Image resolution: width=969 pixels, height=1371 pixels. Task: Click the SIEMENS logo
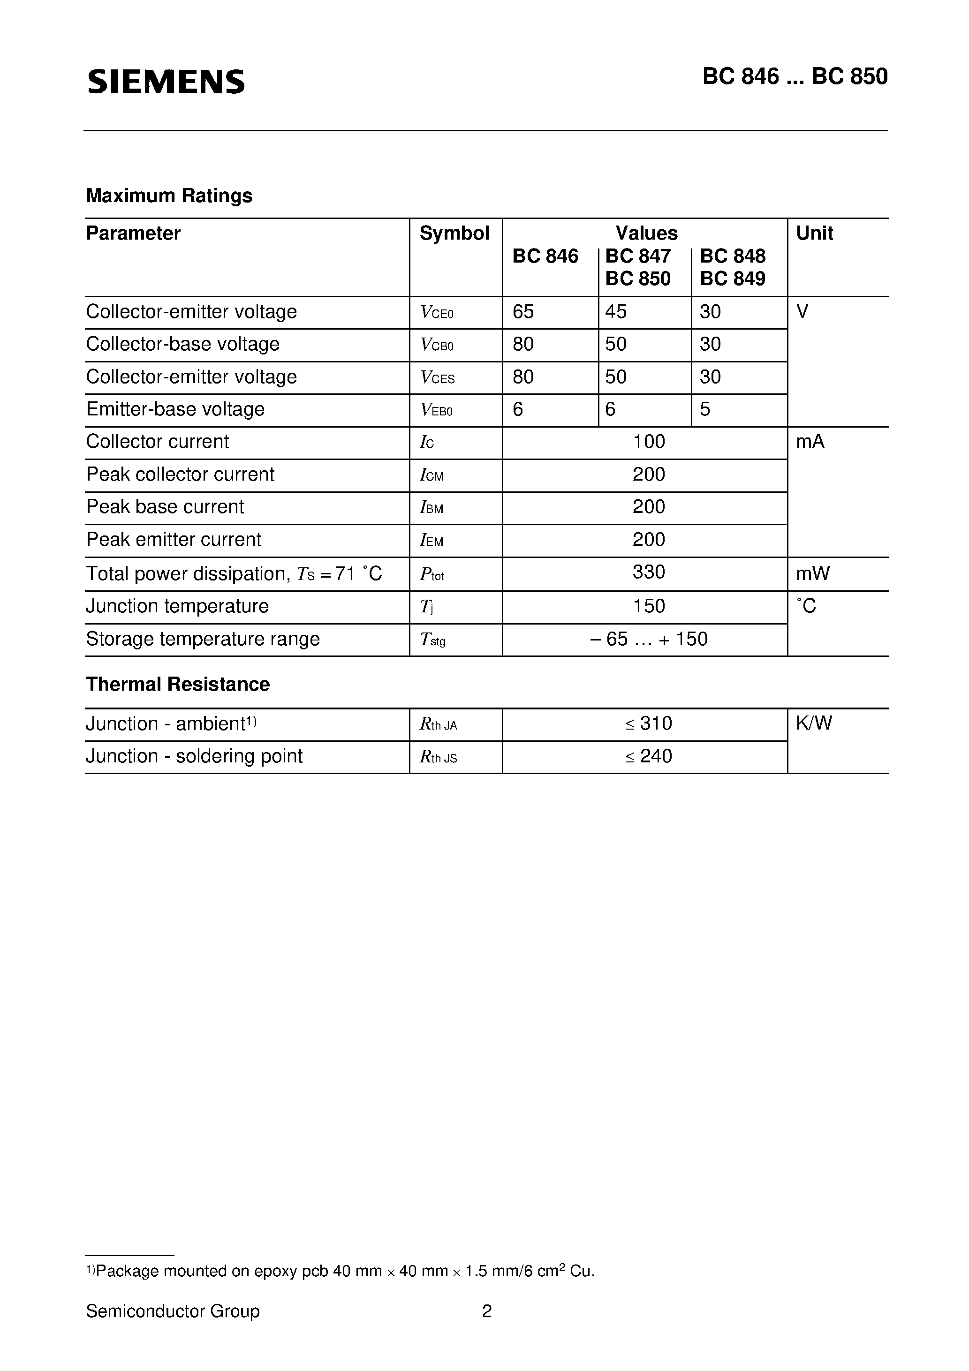(x=166, y=81)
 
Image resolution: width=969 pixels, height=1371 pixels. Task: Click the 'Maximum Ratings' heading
(x=169, y=196)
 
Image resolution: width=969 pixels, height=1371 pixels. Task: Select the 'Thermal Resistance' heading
(x=177, y=684)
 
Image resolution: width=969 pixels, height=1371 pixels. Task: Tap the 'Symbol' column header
(x=454, y=234)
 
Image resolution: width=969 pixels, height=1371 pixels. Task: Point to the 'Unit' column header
(x=814, y=234)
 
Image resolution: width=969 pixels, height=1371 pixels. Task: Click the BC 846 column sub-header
(x=545, y=256)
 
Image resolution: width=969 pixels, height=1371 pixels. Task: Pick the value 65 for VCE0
(x=523, y=312)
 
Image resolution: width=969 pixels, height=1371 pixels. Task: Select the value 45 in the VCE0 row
(x=616, y=312)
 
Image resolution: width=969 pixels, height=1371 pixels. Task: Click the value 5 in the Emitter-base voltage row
(x=705, y=410)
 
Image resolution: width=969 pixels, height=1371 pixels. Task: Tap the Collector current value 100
(x=648, y=442)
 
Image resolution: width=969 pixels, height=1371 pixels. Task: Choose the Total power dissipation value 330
(x=648, y=572)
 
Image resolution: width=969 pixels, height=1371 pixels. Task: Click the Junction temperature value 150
(x=648, y=607)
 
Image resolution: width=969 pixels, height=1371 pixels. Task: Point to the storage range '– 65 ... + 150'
(x=648, y=640)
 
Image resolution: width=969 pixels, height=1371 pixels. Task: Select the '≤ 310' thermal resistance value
(x=648, y=724)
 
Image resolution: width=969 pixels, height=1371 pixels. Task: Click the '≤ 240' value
(x=648, y=757)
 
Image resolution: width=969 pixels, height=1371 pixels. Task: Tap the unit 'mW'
(x=812, y=574)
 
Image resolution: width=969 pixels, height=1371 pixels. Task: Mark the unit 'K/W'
(x=814, y=724)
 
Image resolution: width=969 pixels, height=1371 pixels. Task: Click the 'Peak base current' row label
(x=165, y=507)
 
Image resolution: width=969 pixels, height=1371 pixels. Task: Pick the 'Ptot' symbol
(x=432, y=574)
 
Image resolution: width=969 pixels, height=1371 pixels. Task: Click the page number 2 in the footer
(x=487, y=1311)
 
